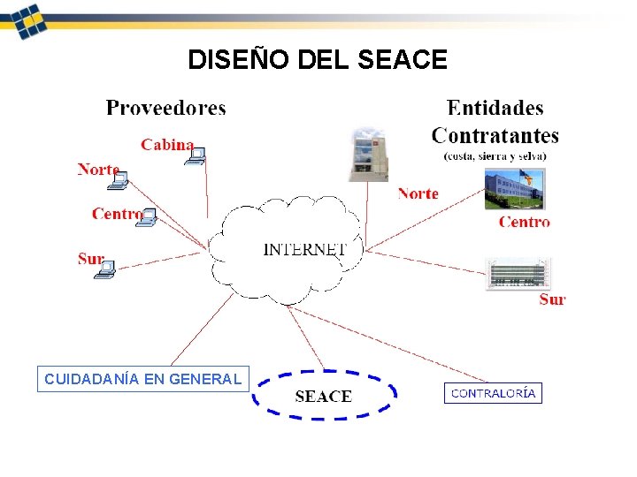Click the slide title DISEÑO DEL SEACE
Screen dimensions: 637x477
[x=318, y=60]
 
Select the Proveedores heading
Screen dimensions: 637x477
[x=165, y=108]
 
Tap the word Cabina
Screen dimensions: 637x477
[x=166, y=144]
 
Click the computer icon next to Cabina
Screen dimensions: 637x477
[x=196, y=155]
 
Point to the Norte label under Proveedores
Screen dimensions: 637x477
[x=97, y=169]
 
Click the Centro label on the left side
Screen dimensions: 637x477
[x=116, y=213]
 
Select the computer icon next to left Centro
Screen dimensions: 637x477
[x=147, y=217]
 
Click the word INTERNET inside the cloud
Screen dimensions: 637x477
[x=304, y=249]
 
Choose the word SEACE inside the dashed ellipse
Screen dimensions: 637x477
[x=323, y=397]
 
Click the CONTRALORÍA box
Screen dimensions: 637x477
[x=493, y=393]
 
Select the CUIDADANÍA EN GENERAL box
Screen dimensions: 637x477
[x=142, y=379]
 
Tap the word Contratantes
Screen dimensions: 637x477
[x=495, y=135]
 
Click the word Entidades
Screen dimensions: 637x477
[x=495, y=108]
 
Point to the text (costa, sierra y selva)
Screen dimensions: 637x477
[x=495, y=155]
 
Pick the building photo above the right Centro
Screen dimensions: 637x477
[x=514, y=189]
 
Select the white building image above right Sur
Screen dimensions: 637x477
[x=518, y=273]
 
